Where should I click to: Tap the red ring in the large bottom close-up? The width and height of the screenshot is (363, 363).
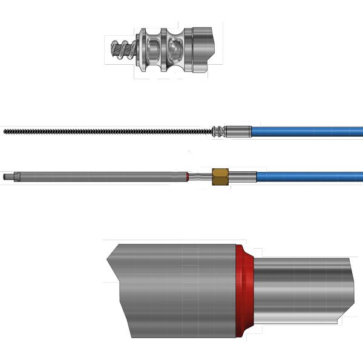243,290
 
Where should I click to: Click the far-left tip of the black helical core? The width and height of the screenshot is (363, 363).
5,131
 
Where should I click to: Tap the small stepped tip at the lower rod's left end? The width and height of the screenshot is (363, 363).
7,177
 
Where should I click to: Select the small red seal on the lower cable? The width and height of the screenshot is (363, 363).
188,176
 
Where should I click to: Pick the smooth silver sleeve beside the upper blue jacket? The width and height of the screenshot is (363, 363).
239,131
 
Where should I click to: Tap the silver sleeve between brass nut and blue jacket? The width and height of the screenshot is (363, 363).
242,177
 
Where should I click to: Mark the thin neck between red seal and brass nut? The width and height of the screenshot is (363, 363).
200,176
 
